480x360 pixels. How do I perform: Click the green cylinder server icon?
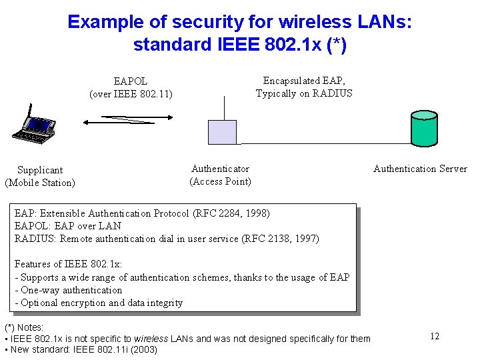(424, 128)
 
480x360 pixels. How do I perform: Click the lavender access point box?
(222, 131)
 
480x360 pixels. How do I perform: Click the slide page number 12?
(434, 336)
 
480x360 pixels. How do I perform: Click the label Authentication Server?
(420, 169)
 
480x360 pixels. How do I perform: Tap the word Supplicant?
(40, 170)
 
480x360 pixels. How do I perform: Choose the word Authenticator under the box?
(220, 169)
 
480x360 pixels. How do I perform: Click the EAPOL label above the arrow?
(130, 81)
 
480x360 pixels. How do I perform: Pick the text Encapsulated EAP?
(304, 81)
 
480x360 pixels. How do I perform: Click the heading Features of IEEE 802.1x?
(68, 264)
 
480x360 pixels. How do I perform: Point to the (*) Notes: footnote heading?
(24, 327)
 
